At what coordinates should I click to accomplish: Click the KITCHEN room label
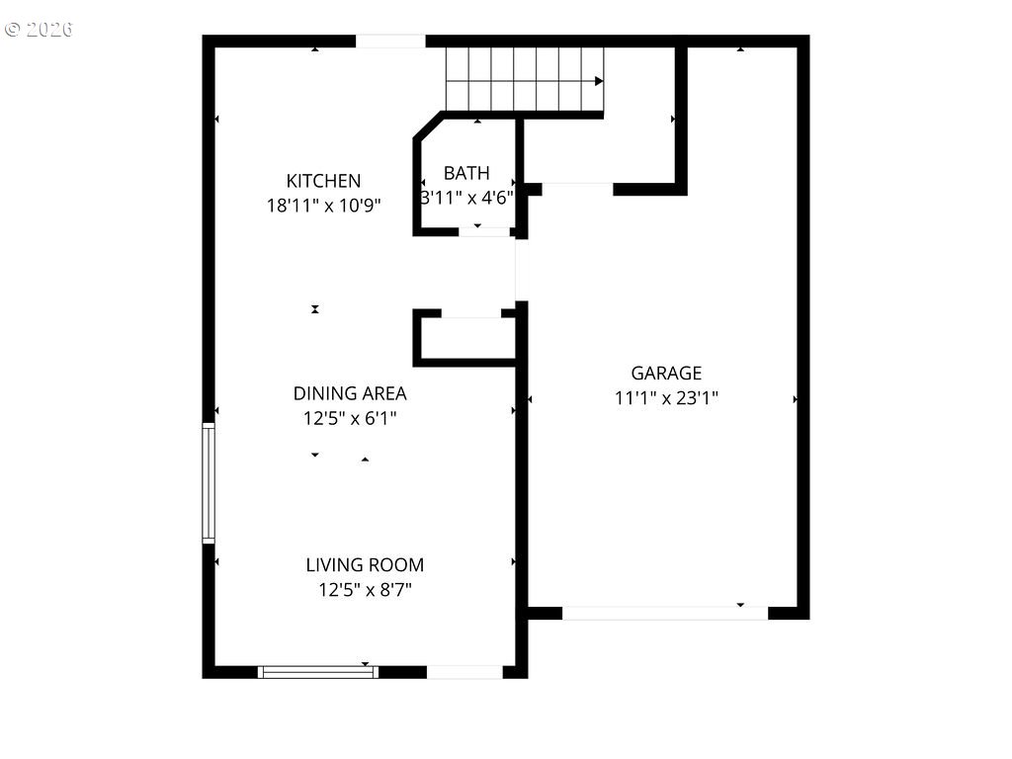(323, 181)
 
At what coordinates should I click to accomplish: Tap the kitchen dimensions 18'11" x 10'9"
(323, 206)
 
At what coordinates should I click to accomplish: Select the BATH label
(466, 173)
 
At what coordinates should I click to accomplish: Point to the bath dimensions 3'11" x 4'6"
(466, 198)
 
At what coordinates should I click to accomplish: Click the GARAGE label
(666, 373)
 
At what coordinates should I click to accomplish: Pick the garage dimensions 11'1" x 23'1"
(666, 398)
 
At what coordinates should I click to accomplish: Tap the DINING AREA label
(350, 392)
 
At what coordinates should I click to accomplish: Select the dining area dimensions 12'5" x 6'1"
(350, 418)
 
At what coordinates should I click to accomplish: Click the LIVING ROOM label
(365, 565)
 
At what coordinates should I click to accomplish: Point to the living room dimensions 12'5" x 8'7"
(365, 590)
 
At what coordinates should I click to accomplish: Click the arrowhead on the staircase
(599, 81)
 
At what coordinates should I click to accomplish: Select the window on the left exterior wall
(209, 483)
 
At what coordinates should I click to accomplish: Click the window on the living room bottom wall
(318, 672)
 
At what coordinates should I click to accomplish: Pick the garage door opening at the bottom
(665, 613)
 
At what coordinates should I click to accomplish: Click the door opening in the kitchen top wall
(390, 42)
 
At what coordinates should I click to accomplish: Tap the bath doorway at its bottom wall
(483, 232)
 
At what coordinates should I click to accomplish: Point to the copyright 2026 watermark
(40, 29)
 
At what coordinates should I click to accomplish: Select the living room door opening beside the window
(464, 672)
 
